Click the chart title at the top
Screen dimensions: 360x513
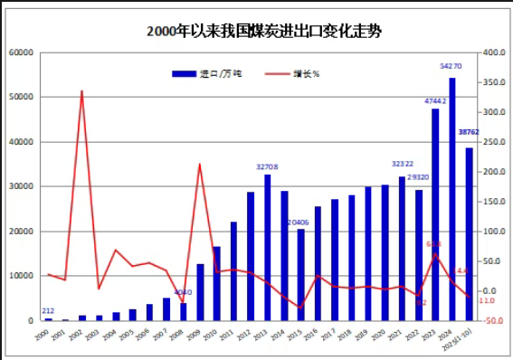263,31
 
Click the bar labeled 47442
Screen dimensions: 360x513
435,214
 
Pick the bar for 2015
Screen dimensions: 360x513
300,274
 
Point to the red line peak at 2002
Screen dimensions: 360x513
82,90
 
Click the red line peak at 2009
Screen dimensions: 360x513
200,164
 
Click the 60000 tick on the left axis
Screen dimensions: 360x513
21,53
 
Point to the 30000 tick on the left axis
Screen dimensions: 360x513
21,187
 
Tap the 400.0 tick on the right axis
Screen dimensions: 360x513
490,53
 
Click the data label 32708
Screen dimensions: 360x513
267,167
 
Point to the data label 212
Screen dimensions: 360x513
48,311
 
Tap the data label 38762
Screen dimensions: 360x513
469,132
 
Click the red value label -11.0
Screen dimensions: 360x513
486,300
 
